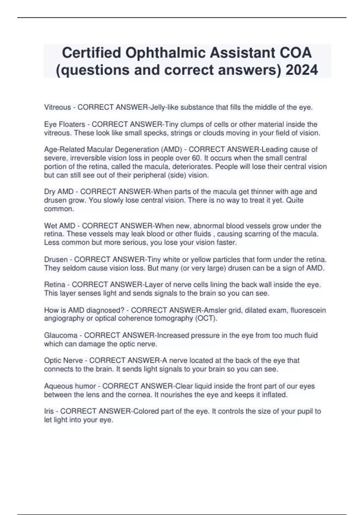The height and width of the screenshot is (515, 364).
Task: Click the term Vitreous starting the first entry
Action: [x=57, y=107]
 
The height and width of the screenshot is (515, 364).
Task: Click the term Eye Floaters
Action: [x=65, y=124]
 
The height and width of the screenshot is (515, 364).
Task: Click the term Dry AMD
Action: [x=59, y=192]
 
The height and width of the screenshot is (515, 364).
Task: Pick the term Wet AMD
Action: [x=60, y=226]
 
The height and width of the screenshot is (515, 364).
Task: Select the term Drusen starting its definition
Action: [x=56, y=260]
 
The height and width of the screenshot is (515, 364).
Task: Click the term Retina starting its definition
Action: [x=55, y=285]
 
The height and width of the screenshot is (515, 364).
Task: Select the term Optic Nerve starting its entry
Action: [x=63, y=360]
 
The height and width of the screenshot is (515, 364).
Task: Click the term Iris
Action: [x=49, y=411]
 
